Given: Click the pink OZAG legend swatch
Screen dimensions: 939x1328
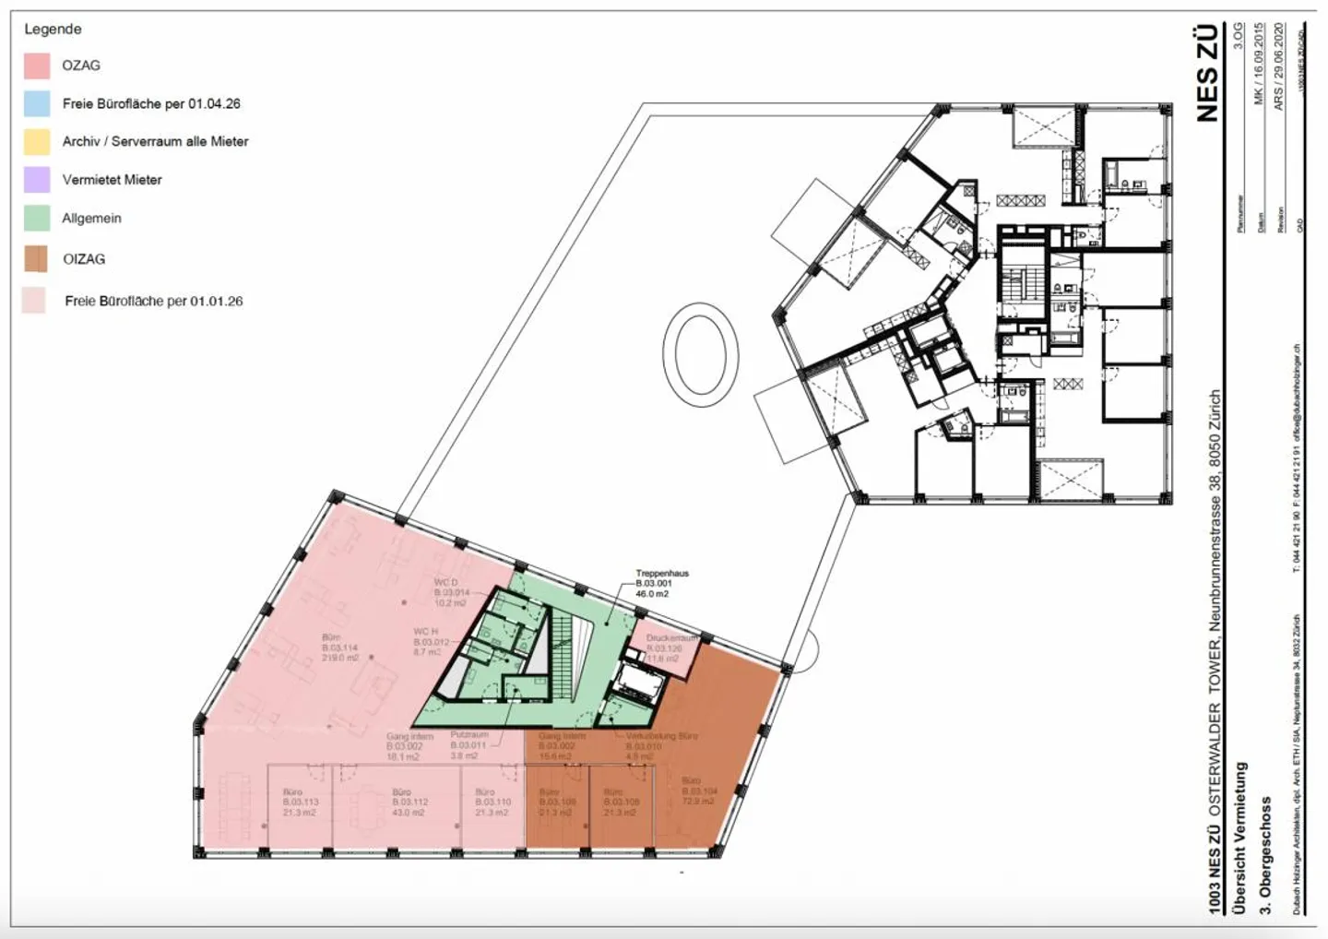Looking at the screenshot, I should [37, 65].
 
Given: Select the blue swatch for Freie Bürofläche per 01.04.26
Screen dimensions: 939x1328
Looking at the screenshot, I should [37, 103].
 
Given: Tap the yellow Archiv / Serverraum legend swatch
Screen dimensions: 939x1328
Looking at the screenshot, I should [37, 141].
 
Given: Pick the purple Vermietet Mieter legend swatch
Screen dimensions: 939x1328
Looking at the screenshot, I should [37, 179].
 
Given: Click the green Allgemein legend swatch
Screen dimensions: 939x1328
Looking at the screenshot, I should [37, 218].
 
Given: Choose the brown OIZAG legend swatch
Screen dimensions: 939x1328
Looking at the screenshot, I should [37, 259].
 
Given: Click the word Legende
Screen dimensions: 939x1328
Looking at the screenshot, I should [53, 29].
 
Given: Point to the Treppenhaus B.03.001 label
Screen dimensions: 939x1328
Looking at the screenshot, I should [661, 584].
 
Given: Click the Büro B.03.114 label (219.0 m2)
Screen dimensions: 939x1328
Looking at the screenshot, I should [338, 648].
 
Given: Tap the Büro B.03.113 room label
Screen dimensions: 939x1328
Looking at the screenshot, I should [300, 802].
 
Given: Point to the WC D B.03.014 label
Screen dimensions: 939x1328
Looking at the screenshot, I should [451, 592].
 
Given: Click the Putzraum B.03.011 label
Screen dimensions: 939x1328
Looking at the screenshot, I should [468, 745].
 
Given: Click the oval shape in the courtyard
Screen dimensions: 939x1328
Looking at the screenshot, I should [700, 353].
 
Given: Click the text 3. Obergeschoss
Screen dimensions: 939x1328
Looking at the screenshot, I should [1265, 854].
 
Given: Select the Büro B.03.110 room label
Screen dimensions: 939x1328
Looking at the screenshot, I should [492, 802].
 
